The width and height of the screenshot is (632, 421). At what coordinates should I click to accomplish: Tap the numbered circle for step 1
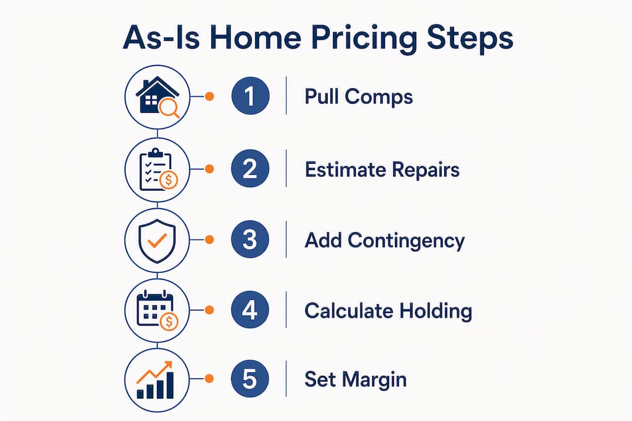[250, 96]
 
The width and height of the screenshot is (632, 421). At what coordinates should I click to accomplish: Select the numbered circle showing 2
[250, 168]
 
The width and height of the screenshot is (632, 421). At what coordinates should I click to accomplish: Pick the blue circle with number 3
[250, 239]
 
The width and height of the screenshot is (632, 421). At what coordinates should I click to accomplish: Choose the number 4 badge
[250, 310]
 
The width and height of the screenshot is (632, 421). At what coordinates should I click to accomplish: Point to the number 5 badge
[250, 379]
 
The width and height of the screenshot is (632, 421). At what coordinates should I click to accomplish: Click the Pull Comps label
[359, 97]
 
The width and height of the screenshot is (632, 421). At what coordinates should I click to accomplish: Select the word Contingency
[406, 241]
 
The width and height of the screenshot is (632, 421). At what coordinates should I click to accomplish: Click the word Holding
[436, 312]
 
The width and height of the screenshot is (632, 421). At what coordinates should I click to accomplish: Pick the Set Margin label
[356, 380]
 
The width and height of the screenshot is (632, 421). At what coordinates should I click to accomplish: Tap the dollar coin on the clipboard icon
[169, 180]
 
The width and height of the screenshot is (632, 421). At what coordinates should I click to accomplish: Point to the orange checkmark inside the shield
[157, 240]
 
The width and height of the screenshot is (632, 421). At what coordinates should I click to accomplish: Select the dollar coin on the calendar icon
[169, 322]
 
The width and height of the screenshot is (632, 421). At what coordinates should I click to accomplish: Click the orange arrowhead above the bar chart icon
[167, 365]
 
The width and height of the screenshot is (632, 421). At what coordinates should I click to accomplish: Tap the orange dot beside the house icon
[209, 96]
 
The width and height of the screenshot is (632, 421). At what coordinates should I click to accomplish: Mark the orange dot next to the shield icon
[209, 240]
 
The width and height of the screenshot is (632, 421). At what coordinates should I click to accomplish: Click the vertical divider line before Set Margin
[286, 379]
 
